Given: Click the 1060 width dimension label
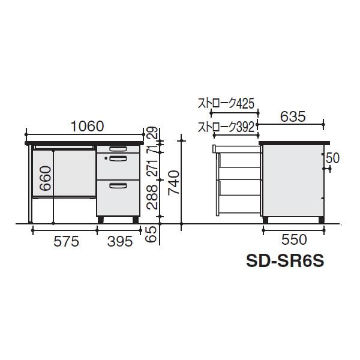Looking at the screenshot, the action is tap(87, 126).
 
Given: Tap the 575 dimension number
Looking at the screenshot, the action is tap(66, 241).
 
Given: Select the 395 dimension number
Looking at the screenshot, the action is tap(120, 241).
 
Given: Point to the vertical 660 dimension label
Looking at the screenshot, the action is tap(45, 178).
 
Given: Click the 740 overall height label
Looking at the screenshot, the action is tap(173, 183).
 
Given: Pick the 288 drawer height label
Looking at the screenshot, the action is tap(152, 197).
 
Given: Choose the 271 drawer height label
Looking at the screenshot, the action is tap(154, 167).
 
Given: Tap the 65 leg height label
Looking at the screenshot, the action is tap(152, 234).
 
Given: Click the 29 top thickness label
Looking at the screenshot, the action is tap(152, 133).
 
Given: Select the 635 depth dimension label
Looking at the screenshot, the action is tap(293, 116).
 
